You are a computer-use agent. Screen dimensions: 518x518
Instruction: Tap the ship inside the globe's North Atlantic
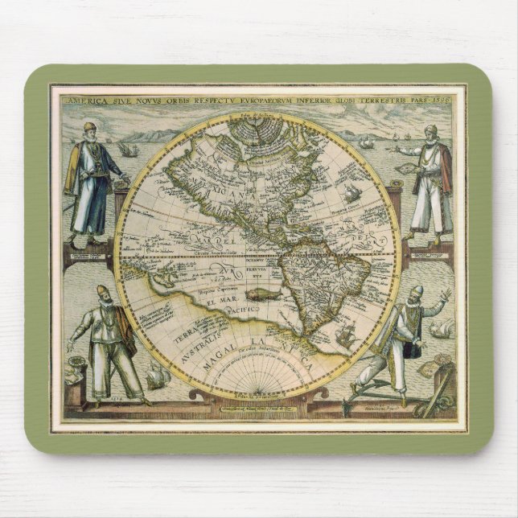pyautogui.click(x=352, y=193)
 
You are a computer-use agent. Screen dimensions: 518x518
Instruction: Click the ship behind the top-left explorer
pyautogui.click(x=126, y=150)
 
